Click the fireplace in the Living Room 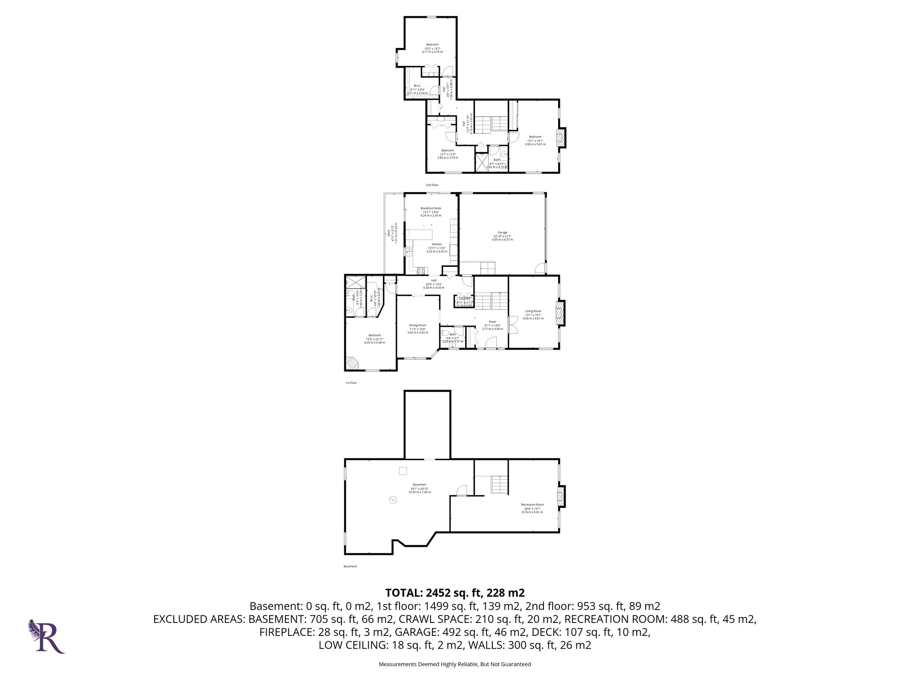[x=561, y=313]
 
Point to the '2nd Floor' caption [x=432, y=185]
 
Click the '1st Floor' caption [x=351, y=382]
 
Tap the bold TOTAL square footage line [x=455, y=593]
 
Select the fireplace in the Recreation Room [x=561, y=497]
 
